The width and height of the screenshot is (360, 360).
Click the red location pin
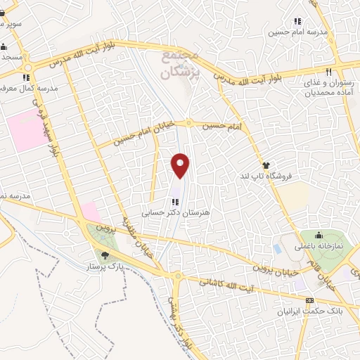[x=181, y=166]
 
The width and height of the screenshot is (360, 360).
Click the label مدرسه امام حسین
[x=296, y=32]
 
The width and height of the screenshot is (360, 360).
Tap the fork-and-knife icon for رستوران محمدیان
[x=328, y=71]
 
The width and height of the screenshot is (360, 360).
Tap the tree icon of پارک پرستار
[x=105, y=255]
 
